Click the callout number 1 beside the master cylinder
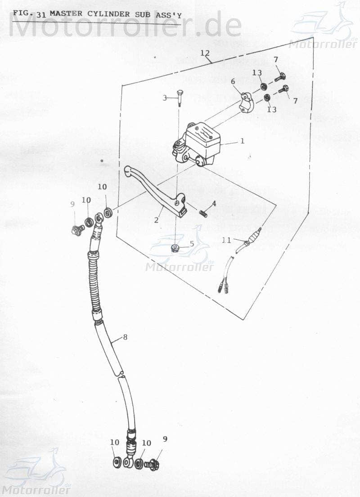[x=242, y=141]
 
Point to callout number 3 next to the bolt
[x=165, y=98]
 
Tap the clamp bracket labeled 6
[x=246, y=103]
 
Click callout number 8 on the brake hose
[x=125, y=336]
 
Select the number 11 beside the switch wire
[x=226, y=241]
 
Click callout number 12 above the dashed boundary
[x=205, y=53]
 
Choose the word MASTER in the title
[x=66, y=13]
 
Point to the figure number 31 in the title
[x=41, y=14]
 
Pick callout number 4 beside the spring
[x=214, y=203]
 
